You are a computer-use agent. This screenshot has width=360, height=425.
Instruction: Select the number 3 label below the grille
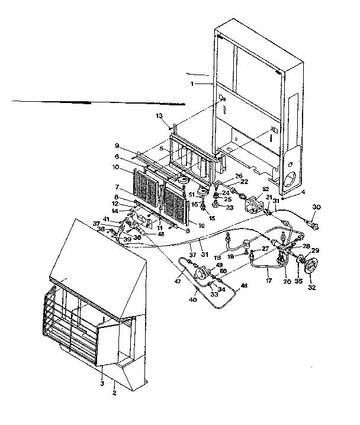coord(102,384)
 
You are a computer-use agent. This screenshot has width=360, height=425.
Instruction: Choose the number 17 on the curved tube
coord(269,273)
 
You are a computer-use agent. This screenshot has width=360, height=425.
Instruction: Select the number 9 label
coord(134,146)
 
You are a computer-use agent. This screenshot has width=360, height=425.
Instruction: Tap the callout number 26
coord(239,176)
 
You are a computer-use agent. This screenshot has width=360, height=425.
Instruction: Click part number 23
coord(231,208)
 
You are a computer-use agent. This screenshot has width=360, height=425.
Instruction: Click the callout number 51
coord(192,195)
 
